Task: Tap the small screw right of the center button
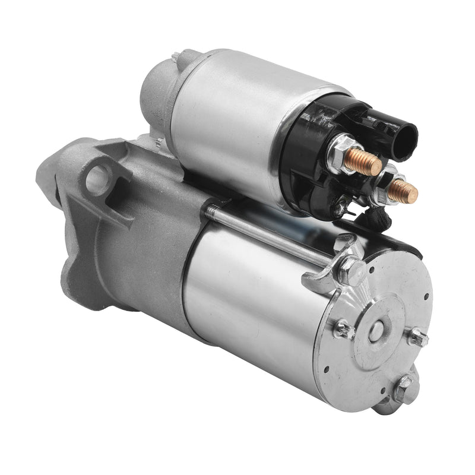point(418,338)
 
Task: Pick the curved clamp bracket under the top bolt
point(324,279)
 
